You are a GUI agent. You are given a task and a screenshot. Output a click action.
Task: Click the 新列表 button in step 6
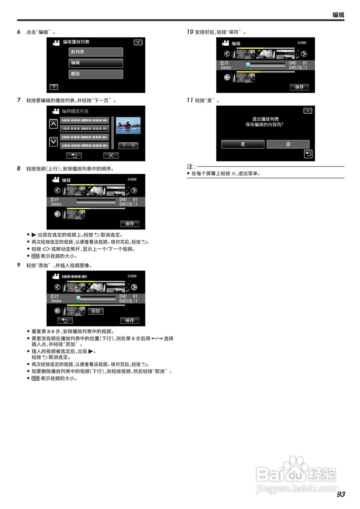click(x=96, y=52)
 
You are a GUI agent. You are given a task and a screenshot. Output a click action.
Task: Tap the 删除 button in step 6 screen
click(x=96, y=74)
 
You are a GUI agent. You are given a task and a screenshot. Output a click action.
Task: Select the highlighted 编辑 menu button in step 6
click(x=96, y=63)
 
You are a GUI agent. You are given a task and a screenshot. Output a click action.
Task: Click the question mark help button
click(x=54, y=87)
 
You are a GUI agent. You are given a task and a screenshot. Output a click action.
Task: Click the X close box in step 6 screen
click(x=138, y=42)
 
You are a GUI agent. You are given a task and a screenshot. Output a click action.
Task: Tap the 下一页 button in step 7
click(x=128, y=146)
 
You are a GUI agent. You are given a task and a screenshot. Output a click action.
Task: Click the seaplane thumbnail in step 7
click(x=128, y=126)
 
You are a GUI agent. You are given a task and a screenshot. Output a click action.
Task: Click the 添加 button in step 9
click(x=95, y=311)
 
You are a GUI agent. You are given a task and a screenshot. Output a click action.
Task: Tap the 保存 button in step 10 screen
click(x=299, y=87)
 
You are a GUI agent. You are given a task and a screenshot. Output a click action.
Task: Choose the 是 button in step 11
click(x=243, y=144)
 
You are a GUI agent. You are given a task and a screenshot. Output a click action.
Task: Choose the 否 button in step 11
click(x=288, y=144)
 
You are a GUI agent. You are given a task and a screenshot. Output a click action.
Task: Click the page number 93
click(x=341, y=494)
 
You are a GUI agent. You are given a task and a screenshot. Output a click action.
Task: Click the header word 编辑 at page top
click(x=338, y=15)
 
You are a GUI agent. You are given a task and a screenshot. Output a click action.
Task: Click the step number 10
click(x=190, y=32)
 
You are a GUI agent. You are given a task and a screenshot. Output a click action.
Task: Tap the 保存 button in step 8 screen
click(x=129, y=223)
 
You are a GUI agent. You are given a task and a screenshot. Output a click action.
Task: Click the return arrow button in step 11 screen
click(x=308, y=154)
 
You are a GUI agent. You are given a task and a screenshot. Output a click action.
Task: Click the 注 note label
click(x=191, y=166)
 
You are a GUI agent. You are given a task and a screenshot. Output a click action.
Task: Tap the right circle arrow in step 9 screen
click(x=134, y=287)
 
